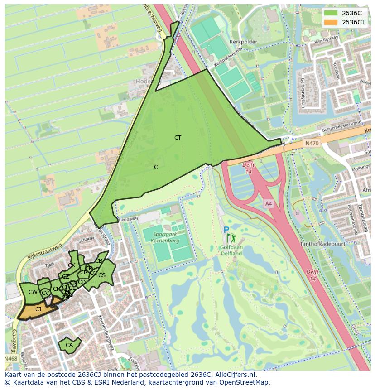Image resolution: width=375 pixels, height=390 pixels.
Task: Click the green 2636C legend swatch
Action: pyautogui.click(x=331, y=13)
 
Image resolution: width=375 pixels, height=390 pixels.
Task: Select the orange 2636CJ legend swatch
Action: pyautogui.click(x=331, y=22)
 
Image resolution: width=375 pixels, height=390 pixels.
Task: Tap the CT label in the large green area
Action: pyautogui.click(x=178, y=137)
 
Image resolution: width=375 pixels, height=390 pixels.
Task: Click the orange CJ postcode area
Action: pyautogui.click(x=38, y=309)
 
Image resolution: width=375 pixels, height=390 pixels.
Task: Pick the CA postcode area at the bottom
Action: pyautogui.click(x=69, y=345)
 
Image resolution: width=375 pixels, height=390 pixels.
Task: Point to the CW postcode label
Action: pyautogui.click(x=33, y=292)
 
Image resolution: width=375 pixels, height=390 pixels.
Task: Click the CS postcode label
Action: pyautogui.click(x=102, y=275)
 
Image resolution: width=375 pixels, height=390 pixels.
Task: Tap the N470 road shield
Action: pyautogui.click(x=312, y=143)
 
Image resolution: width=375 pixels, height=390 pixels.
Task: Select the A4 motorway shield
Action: pyautogui.click(x=269, y=204)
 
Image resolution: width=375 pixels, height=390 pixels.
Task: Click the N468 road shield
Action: pyautogui.click(x=11, y=359)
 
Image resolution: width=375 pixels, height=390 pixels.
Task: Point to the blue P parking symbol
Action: pyautogui.click(x=226, y=230)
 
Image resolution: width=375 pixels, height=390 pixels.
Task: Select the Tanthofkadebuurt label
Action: pyautogui.click(x=322, y=244)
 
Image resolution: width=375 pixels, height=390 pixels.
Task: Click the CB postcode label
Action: pyautogui.click(x=99, y=261)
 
